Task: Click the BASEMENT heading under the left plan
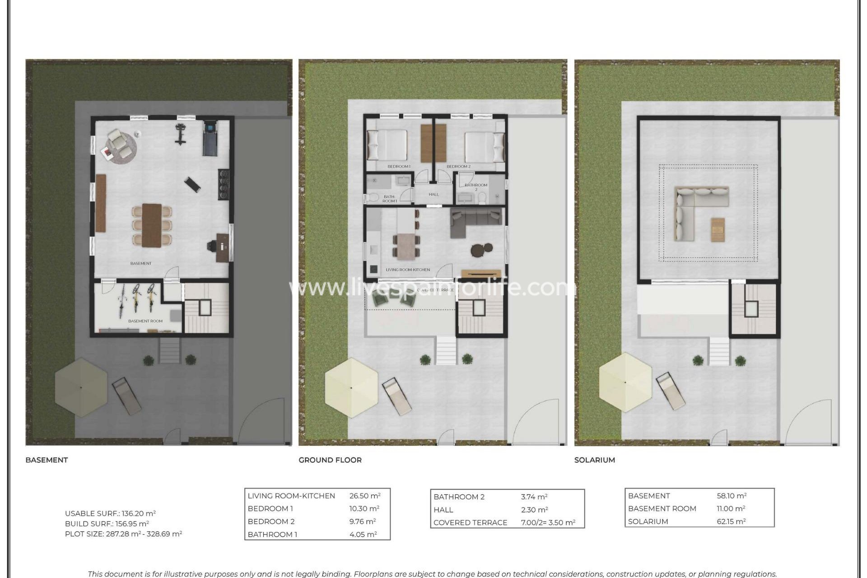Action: [x=47, y=460]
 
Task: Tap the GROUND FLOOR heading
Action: [x=330, y=460]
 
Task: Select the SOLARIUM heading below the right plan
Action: [x=594, y=460]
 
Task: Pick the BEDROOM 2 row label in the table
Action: [x=271, y=522]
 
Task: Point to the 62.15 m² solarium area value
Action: [x=731, y=522]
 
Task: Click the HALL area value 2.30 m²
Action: [x=534, y=510]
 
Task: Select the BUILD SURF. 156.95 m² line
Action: [x=107, y=524]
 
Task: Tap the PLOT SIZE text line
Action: [x=123, y=534]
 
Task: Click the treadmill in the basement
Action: [x=210, y=138]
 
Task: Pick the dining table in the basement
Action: [x=152, y=225]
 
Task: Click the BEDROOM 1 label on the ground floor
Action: [x=399, y=167]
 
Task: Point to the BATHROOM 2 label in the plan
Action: [x=476, y=185]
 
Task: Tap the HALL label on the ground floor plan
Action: [x=433, y=195]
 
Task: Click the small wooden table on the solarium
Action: [x=718, y=229]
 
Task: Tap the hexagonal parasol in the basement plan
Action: [x=81, y=387]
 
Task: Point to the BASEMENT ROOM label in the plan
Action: [x=145, y=321]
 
